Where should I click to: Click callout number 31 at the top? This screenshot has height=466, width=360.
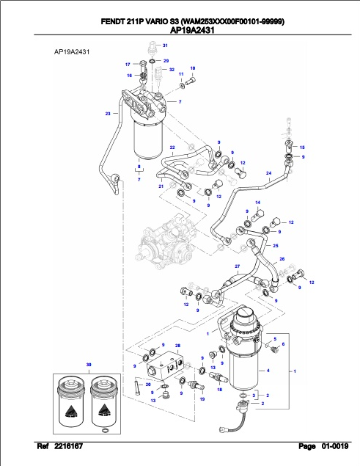click(x=165, y=45)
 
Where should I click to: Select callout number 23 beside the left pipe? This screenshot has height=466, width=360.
click(x=108, y=113)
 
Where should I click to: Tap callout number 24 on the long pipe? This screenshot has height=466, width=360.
click(x=268, y=173)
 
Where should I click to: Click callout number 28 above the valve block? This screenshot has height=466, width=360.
click(x=177, y=346)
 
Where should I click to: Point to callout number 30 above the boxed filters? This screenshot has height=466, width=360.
click(x=89, y=365)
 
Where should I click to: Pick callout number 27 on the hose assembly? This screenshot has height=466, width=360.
click(x=238, y=266)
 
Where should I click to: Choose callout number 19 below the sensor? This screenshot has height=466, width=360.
click(x=202, y=398)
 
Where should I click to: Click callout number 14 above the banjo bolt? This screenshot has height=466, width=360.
click(x=257, y=203)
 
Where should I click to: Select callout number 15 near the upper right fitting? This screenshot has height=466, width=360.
click(x=302, y=148)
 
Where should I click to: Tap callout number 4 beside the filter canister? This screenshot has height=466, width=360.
click(x=268, y=371)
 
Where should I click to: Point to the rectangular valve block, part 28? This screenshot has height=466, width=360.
click(x=164, y=366)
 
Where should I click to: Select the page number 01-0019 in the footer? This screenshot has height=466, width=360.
click(x=335, y=446)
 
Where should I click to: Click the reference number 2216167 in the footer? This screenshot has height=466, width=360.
click(x=69, y=446)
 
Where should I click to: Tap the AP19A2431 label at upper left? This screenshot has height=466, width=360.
click(x=72, y=52)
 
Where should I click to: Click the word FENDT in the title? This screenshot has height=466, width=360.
click(x=111, y=22)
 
